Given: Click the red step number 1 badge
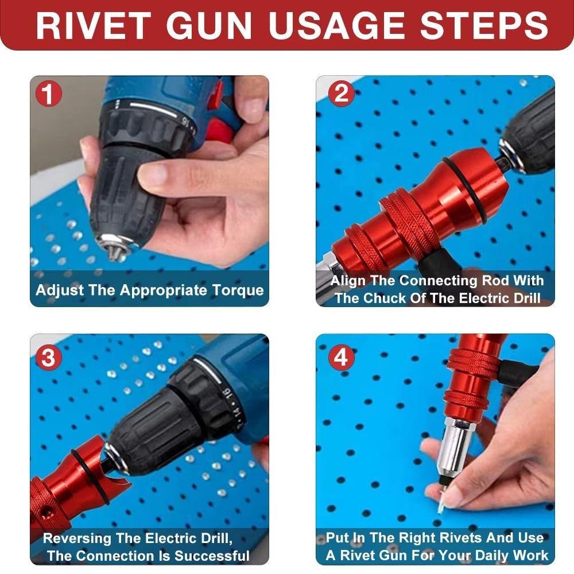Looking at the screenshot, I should point(49,94).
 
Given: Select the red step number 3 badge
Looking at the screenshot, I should point(49,358).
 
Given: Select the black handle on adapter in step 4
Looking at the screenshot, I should point(517,372).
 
